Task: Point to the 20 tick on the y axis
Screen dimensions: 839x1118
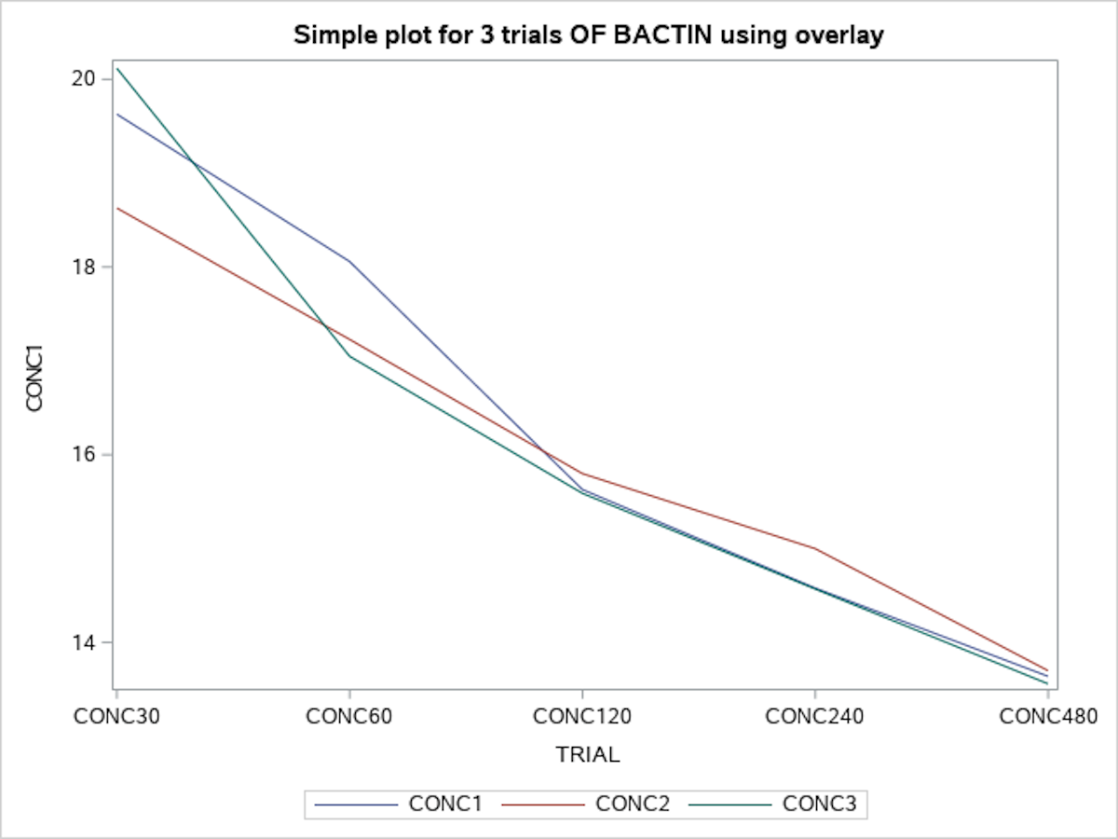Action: pyautogui.click(x=85, y=78)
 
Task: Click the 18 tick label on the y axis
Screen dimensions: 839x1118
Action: pyautogui.click(x=85, y=267)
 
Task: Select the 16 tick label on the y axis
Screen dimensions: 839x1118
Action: pyautogui.click(x=85, y=455)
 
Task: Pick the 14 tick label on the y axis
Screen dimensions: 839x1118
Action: pyautogui.click(x=85, y=642)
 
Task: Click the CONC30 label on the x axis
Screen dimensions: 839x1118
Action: pyautogui.click(x=116, y=716)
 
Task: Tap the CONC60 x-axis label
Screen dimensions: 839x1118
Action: pyautogui.click(x=349, y=716)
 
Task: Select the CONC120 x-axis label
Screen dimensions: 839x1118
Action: pyautogui.click(x=582, y=716)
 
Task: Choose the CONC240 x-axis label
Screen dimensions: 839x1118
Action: pyautogui.click(x=815, y=716)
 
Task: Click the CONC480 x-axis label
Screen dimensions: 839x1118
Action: pyautogui.click(x=1048, y=716)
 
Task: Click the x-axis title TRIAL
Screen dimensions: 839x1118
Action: pyautogui.click(x=587, y=755)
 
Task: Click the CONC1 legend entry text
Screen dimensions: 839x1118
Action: pyautogui.click(x=445, y=804)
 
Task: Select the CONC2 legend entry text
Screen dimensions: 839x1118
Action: pyautogui.click(x=633, y=804)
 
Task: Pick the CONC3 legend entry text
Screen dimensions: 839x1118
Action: pyautogui.click(x=819, y=804)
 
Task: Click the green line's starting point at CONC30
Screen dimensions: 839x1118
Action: pyautogui.click(x=117, y=68)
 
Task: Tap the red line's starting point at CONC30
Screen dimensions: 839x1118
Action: pyautogui.click(x=117, y=208)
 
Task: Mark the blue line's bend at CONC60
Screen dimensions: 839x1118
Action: pyautogui.click(x=349, y=261)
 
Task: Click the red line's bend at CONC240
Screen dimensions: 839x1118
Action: pyautogui.click(x=815, y=548)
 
